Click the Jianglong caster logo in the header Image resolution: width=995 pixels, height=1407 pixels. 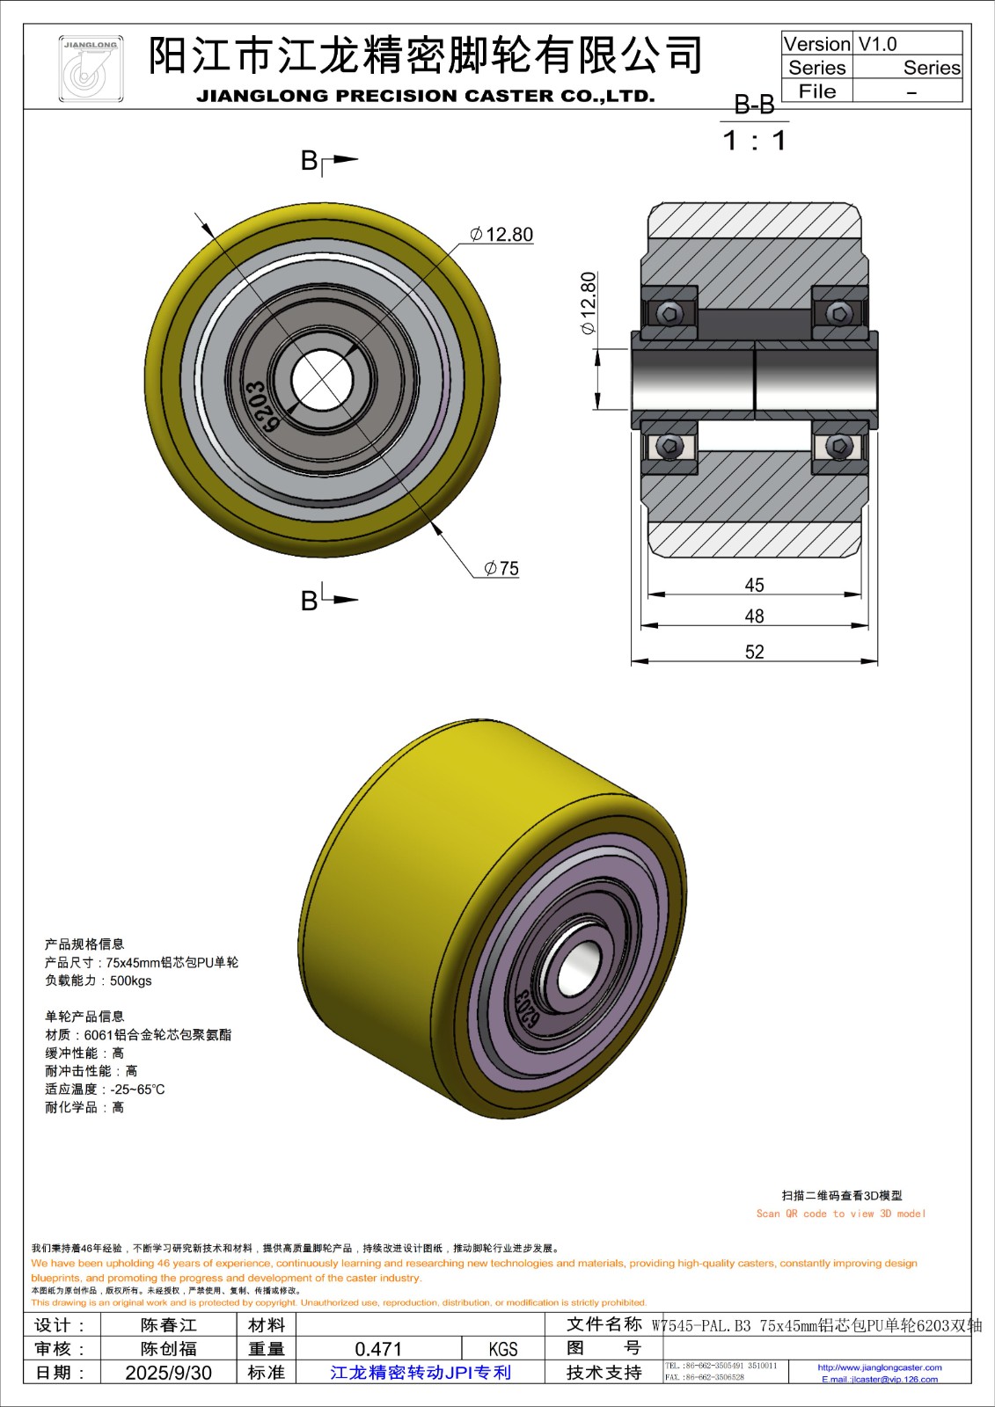[90, 69]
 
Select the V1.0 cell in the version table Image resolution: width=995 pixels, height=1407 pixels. [877, 44]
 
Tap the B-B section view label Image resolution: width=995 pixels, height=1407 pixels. [754, 106]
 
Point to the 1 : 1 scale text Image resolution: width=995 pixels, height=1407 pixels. [754, 141]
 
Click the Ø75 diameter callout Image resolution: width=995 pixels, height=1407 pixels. [501, 569]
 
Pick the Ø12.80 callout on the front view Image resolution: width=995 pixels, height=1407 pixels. [501, 235]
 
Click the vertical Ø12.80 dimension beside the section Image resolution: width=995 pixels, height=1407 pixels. [588, 303]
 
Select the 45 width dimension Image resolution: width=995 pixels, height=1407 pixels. [754, 585]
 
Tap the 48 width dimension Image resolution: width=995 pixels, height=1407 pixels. [754, 616]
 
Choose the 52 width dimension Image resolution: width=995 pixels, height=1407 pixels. [754, 652]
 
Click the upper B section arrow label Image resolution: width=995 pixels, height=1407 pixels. [310, 160]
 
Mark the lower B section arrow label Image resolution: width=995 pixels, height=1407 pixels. [310, 601]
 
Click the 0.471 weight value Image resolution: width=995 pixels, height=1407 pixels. [378, 1349]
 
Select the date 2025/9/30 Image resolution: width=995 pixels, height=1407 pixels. [168, 1373]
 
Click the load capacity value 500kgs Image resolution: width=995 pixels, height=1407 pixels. [131, 981]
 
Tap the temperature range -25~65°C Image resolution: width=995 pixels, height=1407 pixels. [137, 1090]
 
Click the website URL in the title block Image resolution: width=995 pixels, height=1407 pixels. [879, 1367]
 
